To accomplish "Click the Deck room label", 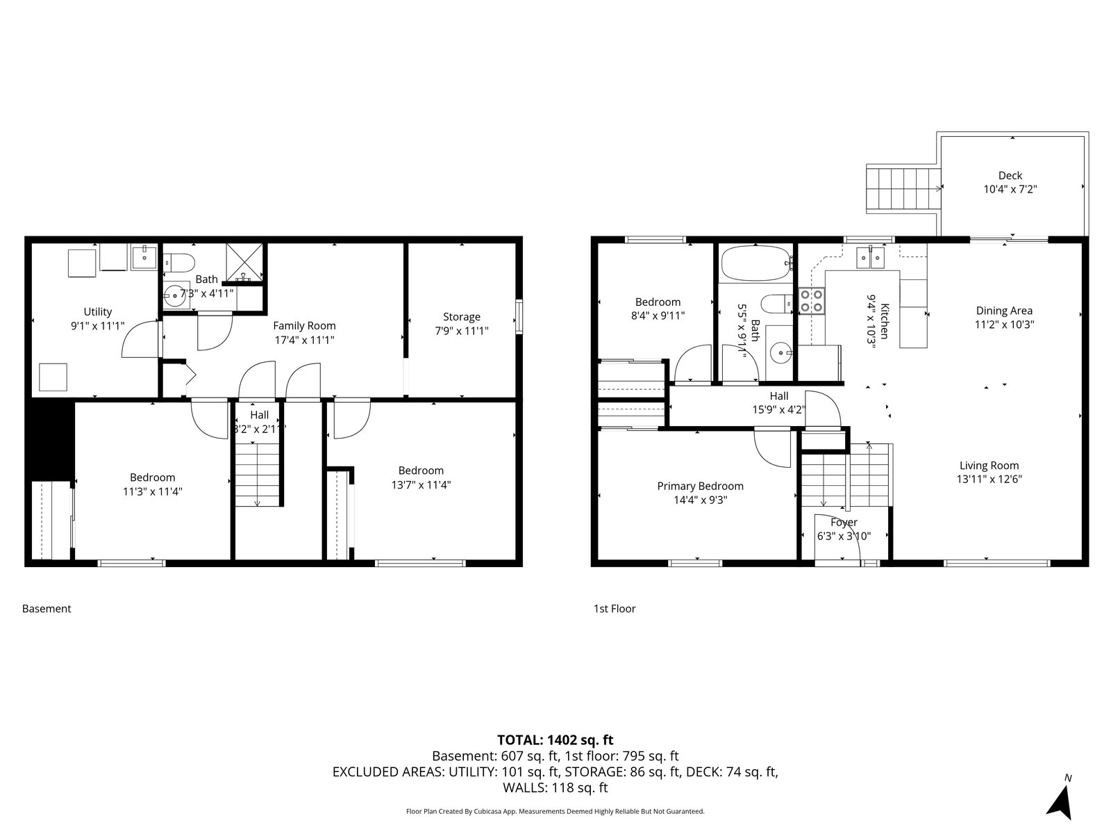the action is coord(1010,176).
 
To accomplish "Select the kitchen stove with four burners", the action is coord(811,300).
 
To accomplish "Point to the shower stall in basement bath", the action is coord(244,262).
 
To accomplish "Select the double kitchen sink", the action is coord(870,258).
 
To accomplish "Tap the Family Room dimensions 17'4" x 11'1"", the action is coord(304,340).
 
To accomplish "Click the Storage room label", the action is coord(462,317).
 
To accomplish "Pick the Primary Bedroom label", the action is coord(700,486).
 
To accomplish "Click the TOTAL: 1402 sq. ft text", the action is coord(555,739).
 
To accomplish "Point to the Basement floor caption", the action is coord(47,609).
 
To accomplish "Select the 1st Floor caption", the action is coord(615,609).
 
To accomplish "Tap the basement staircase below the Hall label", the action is coord(257,474).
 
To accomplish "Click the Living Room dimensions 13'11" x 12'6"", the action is coord(989,479).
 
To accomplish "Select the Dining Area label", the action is coord(1004,311).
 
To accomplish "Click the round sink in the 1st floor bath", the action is coord(783,352).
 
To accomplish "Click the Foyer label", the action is coord(844,522).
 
